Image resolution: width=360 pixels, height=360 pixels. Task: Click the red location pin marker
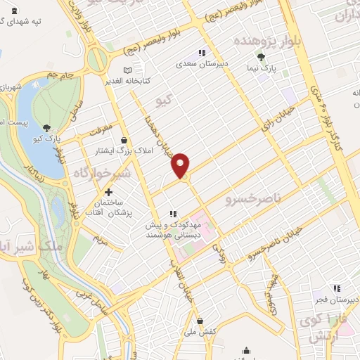tap(181, 165)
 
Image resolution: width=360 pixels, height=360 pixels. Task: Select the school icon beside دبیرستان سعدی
tap(202, 53)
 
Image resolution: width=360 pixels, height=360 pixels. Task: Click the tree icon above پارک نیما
tap(262, 57)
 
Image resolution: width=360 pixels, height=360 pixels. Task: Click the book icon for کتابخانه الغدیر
tap(127, 70)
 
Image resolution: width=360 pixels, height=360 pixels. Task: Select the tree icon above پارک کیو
tap(46, 127)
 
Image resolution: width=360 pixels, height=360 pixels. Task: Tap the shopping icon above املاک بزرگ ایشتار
tap(124, 139)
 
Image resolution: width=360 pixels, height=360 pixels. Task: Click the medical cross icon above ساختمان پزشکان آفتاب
tap(109, 191)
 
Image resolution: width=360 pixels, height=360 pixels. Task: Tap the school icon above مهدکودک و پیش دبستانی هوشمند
tap(173, 214)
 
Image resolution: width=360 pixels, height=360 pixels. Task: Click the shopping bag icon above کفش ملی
tap(200, 321)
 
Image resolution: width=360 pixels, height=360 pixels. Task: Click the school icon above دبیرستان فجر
tap(336, 288)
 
